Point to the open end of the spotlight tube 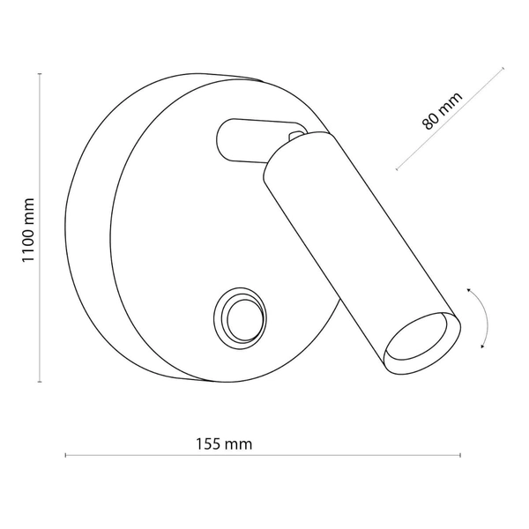(x=425, y=339)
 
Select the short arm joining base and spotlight (x=242, y=141)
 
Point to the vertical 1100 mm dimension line (x=41, y=291)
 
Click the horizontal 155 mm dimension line (x=353, y=455)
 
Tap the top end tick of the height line (x=41, y=75)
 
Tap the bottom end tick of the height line (x=41, y=382)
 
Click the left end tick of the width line (x=66, y=455)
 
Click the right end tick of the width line (x=460, y=455)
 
